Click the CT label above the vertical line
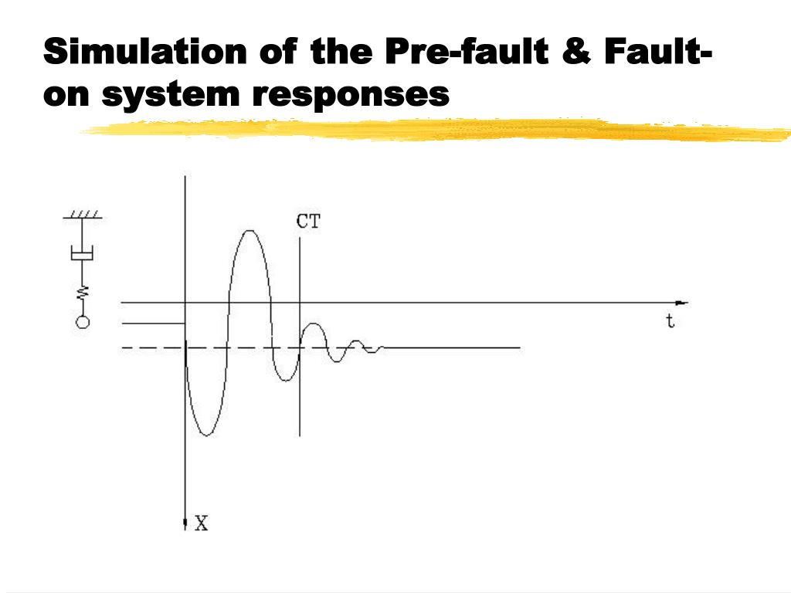point(308,222)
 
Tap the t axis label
point(670,321)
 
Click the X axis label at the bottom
point(202,524)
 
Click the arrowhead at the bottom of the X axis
point(185,524)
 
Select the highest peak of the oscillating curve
point(249,231)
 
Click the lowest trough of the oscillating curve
point(205,435)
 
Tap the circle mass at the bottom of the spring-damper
point(81,322)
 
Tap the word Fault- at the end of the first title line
point(658,52)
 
